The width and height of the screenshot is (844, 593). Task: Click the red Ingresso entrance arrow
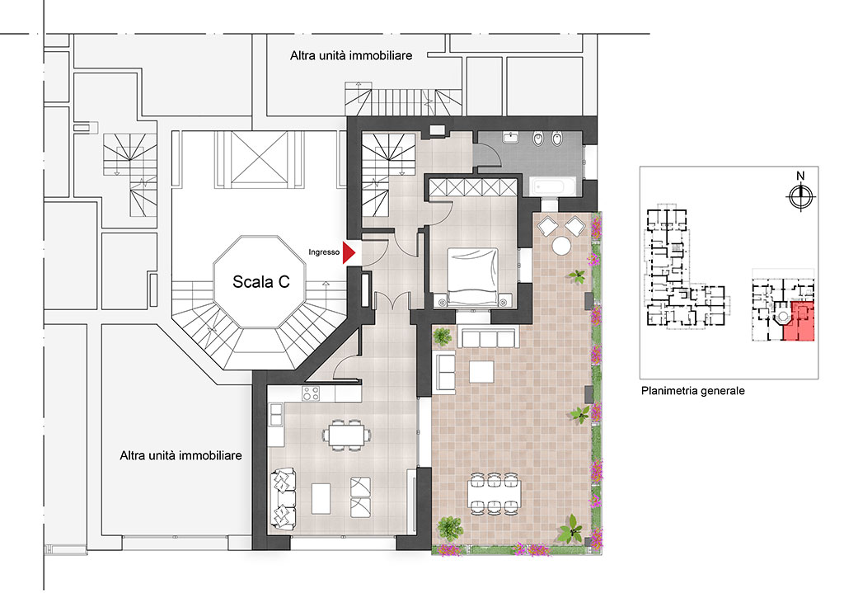(x=349, y=252)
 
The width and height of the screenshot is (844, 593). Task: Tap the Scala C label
(x=261, y=282)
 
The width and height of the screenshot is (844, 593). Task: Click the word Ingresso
(x=324, y=252)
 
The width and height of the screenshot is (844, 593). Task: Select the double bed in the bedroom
(x=472, y=277)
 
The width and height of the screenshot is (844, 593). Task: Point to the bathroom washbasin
(x=510, y=138)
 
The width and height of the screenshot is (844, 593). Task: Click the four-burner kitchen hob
(x=311, y=393)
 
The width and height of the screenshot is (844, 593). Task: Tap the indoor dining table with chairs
(x=347, y=435)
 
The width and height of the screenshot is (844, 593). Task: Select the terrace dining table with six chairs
(x=495, y=492)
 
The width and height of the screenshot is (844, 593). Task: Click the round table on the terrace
(x=561, y=246)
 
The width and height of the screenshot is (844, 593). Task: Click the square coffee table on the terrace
(x=481, y=371)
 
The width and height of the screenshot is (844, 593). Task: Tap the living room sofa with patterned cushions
(x=284, y=498)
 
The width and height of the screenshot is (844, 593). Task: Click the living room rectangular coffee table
(x=321, y=499)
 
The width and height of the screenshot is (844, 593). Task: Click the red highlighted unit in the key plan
(x=799, y=322)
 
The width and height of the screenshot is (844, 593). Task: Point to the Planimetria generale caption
(x=692, y=391)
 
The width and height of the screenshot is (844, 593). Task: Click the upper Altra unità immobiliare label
(x=351, y=55)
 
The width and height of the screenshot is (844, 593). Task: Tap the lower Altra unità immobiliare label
(x=181, y=455)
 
